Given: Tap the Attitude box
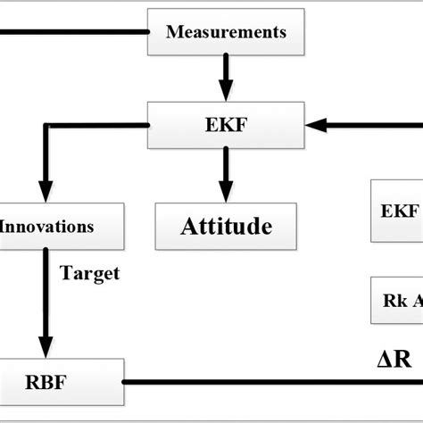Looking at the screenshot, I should [226, 226].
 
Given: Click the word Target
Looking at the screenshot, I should [89, 274].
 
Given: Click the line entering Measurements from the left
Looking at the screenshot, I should [71, 32].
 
